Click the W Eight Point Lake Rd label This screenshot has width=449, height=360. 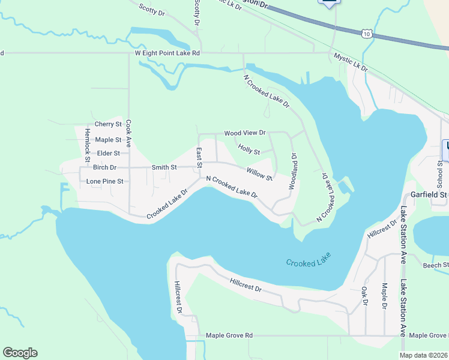[166, 53]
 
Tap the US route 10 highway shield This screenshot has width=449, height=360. [366, 35]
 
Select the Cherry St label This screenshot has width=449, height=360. [108, 124]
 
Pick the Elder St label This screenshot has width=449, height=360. [109, 154]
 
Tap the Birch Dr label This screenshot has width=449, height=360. [104, 167]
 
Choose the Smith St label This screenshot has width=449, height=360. [164, 167]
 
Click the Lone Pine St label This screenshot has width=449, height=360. [104, 181]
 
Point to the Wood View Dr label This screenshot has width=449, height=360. [244, 133]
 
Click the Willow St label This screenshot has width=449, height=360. [259, 175]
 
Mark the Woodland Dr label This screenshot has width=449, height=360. [294, 171]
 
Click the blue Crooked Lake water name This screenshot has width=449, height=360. [309, 263]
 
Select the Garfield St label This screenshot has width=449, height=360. [429, 194]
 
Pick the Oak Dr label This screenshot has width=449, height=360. [364, 295]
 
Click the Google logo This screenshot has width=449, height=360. [20, 353]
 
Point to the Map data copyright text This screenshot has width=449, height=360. [423, 355]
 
